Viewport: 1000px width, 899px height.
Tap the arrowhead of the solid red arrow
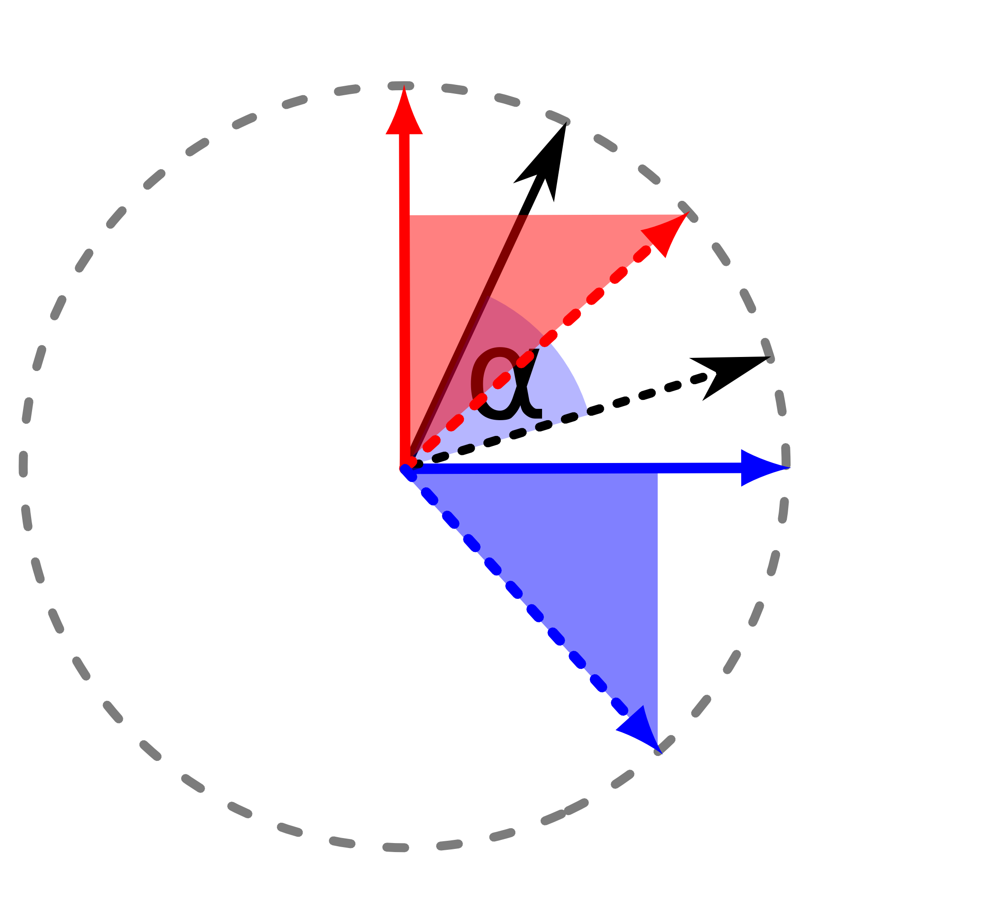404,111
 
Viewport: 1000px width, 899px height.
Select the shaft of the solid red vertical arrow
404,301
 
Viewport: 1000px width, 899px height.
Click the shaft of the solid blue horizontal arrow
574,468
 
